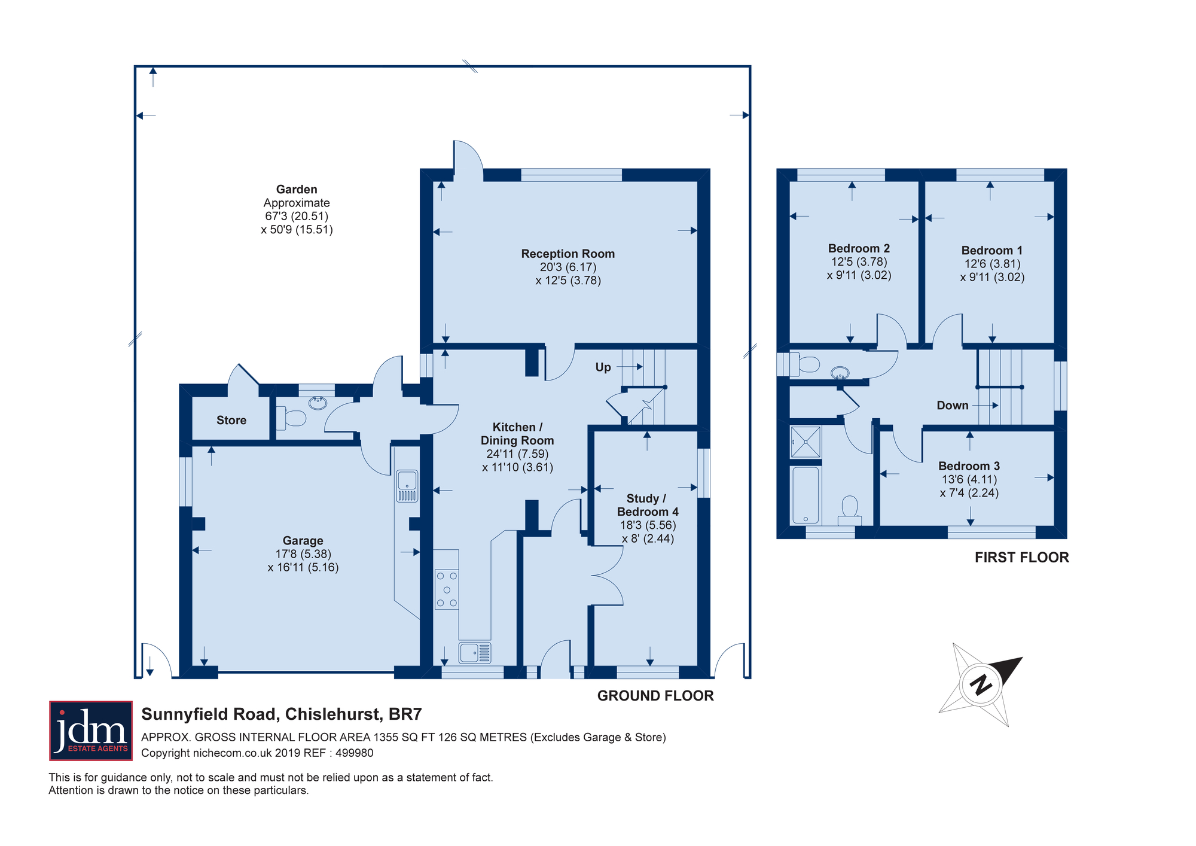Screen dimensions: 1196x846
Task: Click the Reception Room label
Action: pyautogui.click(x=568, y=254)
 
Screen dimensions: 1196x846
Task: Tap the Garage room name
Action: pyautogui.click(x=303, y=541)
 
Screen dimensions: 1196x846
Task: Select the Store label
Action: pyautogui.click(x=231, y=420)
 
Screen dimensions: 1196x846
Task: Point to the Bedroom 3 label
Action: pyautogui.click(x=969, y=466)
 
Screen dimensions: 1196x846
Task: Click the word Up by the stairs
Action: pyautogui.click(x=603, y=367)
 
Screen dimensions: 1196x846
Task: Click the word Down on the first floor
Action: pyautogui.click(x=952, y=406)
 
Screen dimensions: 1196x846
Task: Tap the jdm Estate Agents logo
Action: pyautogui.click(x=91, y=731)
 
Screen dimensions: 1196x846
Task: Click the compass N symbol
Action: pyautogui.click(x=980, y=684)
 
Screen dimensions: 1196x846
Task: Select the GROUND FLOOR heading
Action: pyautogui.click(x=655, y=696)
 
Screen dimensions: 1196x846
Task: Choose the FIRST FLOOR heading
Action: pyautogui.click(x=1021, y=558)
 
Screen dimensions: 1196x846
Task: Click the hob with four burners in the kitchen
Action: pyautogui.click(x=447, y=589)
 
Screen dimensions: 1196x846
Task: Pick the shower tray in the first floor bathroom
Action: pyautogui.click(x=806, y=442)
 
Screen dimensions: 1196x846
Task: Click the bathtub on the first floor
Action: pyautogui.click(x=806, y=495)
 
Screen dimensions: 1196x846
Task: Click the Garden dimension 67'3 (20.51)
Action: pyautogui.click(x=297, y=216)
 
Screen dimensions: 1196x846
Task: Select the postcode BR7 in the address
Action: pyautogui.click(x=405, y=714)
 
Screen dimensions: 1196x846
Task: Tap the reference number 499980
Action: pyautogui.click(x=355, y=753)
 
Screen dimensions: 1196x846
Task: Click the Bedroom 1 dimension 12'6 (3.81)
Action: pyautogui.click(x=992, y=264)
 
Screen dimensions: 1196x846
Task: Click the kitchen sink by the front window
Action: pyautogui.click(x=475, y=653)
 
